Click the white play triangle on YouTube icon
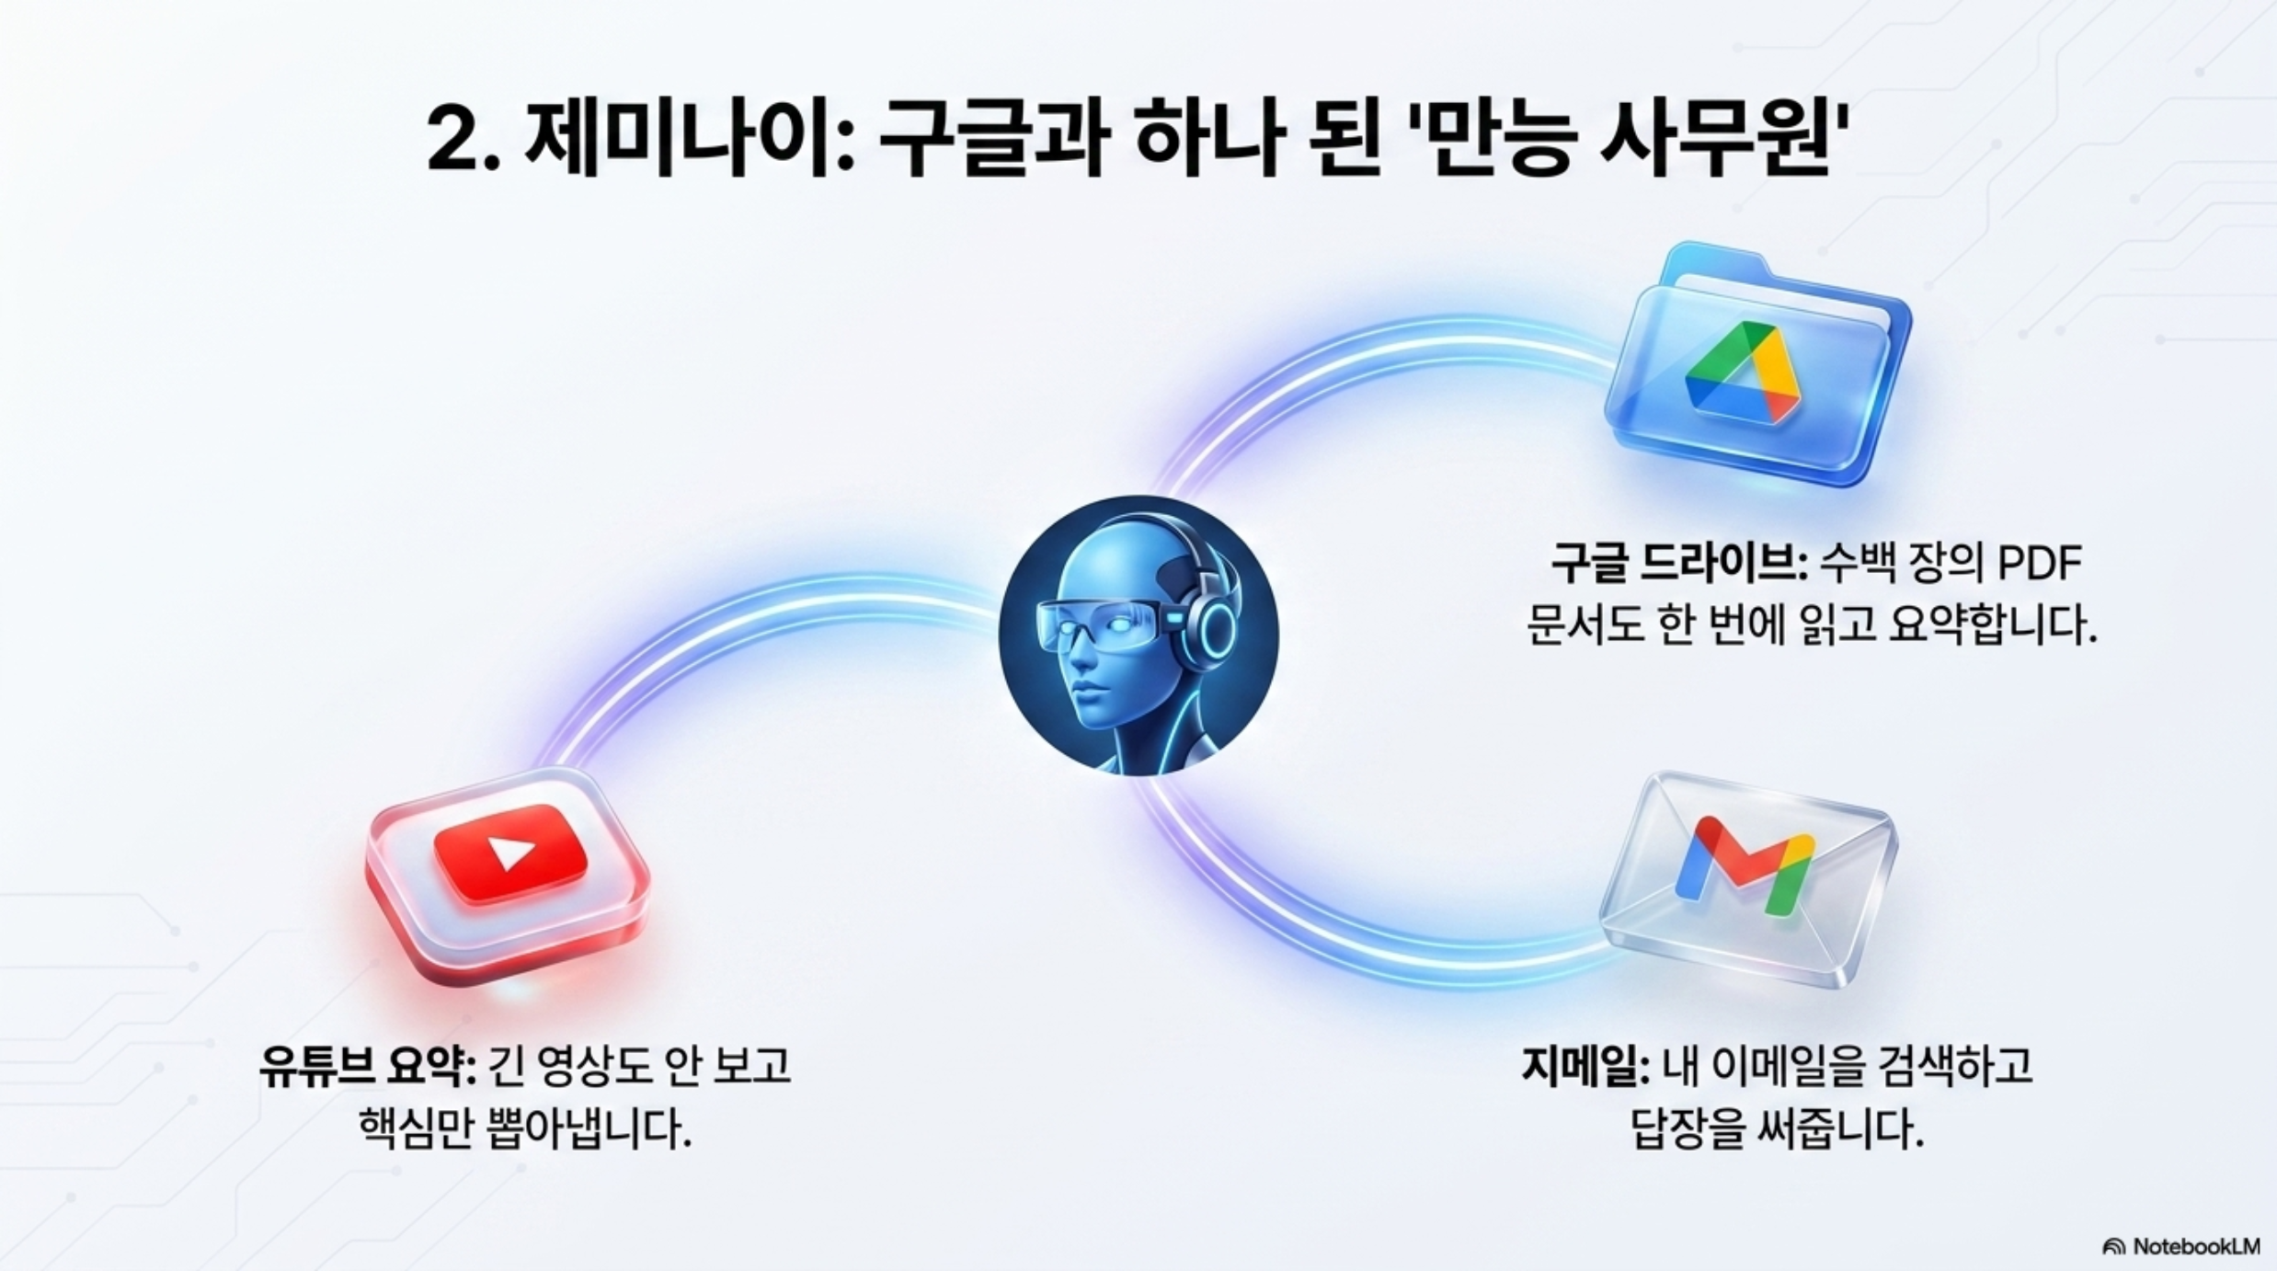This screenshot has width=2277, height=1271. click(x=510, y=853)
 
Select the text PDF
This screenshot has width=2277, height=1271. click(x=2036, y=563)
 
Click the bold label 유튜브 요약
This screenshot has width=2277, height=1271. click(x=367, y=1067)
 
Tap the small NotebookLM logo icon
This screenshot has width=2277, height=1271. click(x=2113, y=1247)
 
